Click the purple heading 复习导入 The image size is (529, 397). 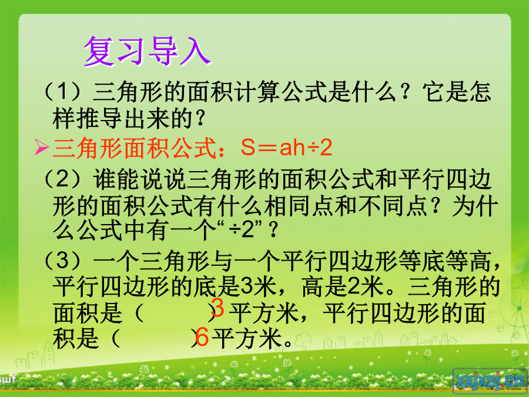pyautogui.click(x=148, y=51)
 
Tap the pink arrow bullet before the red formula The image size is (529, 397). pyautogui.click(x=42, y=147)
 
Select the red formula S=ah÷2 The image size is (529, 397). pyautogui.click(x=286, y=148)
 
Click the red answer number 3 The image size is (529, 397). pyautogui.click(x=217, y=307)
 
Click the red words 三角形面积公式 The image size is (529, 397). pyautogui.click(x=135, y=148)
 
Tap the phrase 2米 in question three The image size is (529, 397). pyautogui.click(x=364, y=286)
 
